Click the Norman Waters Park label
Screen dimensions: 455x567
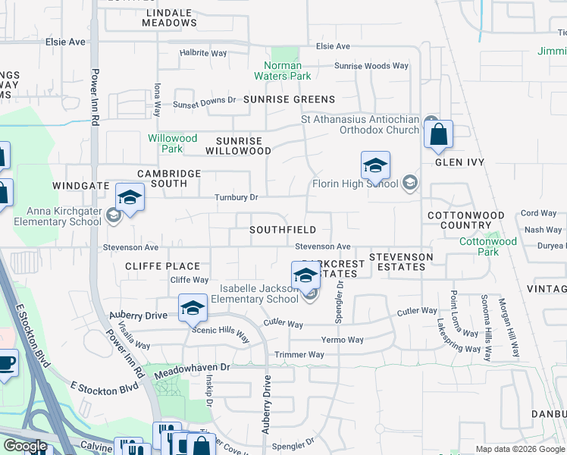[287, 71]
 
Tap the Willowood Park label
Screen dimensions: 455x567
[172, 143]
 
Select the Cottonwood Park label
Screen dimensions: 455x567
[488, 246]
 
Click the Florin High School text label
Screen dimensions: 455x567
[356, 184]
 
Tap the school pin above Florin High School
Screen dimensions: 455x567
[375, 167]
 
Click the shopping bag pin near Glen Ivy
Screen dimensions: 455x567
[439, 136]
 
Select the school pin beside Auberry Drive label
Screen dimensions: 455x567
[193, 309]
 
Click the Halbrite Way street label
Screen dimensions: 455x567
[203, 53]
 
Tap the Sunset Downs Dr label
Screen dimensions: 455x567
[205, 102]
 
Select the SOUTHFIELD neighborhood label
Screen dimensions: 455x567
[283, 229]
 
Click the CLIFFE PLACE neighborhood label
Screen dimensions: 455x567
[162, 266]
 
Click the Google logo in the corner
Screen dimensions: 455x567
[25, 446]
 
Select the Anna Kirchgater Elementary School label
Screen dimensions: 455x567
[64, 216]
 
